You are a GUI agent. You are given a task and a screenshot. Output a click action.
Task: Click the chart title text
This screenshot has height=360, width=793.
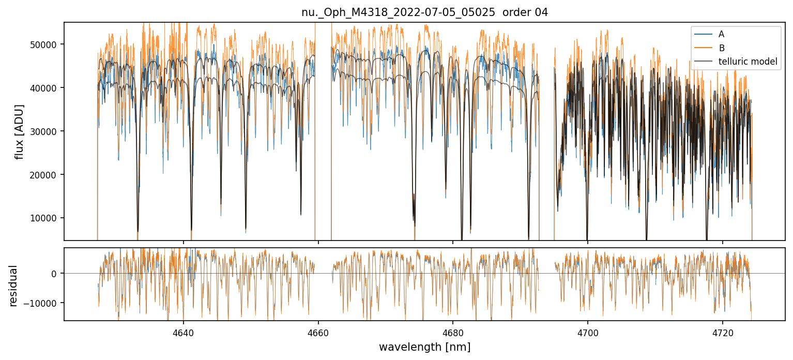[424, 12]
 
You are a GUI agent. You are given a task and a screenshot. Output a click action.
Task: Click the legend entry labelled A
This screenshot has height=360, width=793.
[721, 34]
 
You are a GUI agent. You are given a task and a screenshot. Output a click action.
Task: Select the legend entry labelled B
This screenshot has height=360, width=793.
[721, 48]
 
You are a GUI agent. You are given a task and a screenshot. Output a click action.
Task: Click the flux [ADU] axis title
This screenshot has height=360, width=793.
[20, 131]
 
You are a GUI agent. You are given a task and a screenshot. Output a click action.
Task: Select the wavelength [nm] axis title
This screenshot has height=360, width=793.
[424, 347]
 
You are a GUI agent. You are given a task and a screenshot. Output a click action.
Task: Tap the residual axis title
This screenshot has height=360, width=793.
[13, 286]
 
